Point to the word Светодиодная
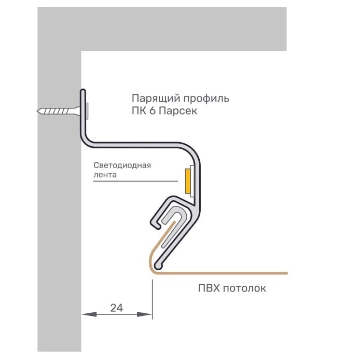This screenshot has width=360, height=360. (x=122, y=165)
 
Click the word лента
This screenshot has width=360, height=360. (x=105, y=175)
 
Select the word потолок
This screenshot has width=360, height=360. (x=244, y=288)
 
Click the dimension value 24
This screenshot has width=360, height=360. (x=116, y=308)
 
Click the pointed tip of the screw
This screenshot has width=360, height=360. (x=40, y=110)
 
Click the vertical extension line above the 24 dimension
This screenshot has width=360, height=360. (x=152, y=296)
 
